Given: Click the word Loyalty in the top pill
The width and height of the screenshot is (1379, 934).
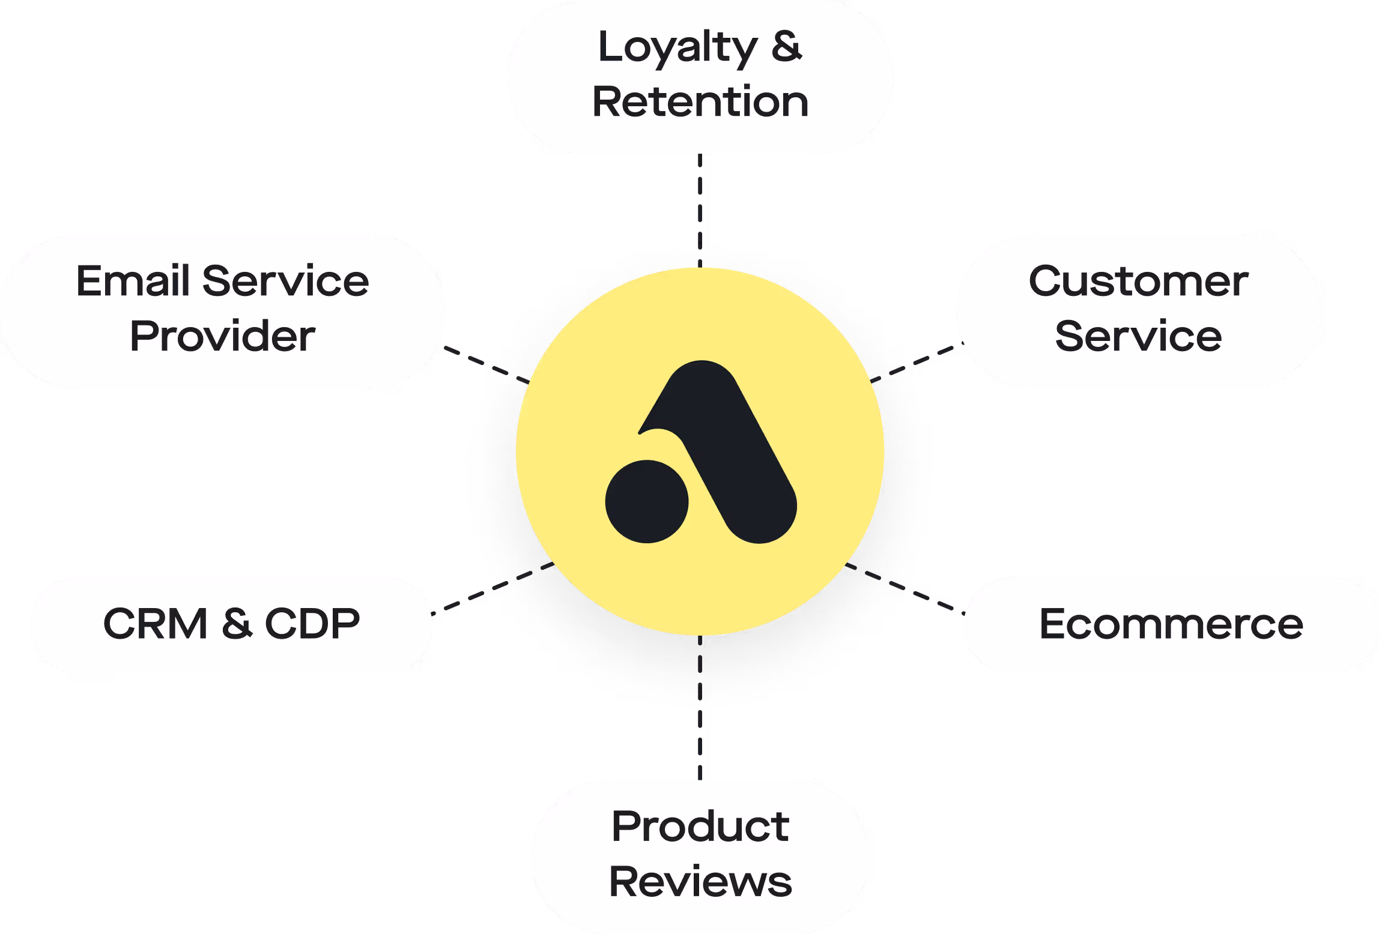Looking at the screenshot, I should pos(677,48).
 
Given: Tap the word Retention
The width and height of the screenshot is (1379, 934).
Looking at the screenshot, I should pos(700,101).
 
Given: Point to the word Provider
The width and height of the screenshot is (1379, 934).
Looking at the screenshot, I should pos(222,336).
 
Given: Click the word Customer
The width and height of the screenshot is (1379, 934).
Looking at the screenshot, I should pos(1138,281).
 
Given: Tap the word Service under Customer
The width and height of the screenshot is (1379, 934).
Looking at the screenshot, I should pos(1138,336).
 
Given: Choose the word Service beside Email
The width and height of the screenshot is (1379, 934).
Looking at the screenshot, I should pos(285,281).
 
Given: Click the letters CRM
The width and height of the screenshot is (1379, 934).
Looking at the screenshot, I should pos(156,624).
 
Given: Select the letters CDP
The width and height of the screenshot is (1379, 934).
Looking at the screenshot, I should pos(312,624).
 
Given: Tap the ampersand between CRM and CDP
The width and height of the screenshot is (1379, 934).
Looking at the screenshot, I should pos(237,624).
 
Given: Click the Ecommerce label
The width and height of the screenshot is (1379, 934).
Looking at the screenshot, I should pos(1171,624).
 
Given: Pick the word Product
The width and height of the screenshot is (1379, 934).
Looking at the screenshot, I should pos(700,827).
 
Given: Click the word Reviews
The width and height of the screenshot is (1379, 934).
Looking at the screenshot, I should pos(700,882).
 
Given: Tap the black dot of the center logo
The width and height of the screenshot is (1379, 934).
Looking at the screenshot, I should pos(647,501).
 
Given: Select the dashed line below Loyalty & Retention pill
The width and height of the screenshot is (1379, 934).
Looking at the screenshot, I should pos(700,198).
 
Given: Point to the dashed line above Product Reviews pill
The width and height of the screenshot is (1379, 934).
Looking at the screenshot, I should pos(700,744).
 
